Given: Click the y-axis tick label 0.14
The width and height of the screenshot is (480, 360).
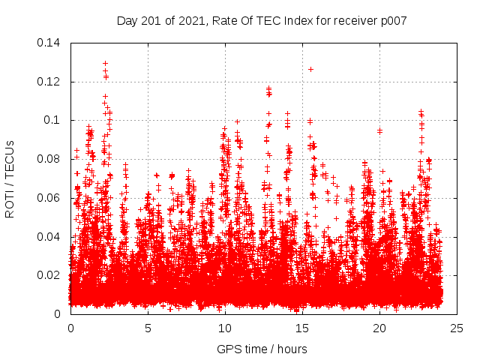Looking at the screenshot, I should pyautogui.click(x=50, y=43).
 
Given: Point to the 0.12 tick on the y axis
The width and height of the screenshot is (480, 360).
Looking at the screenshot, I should pyautogui.click(x=50, y=81).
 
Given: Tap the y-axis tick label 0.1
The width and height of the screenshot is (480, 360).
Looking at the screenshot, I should pyautogui.click(x=53, y=120).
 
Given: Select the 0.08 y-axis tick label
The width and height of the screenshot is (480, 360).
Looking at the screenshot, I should pyautogui.click(x=50, y=159).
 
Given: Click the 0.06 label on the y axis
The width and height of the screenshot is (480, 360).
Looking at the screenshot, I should pyautogui.click(x=50, y=198).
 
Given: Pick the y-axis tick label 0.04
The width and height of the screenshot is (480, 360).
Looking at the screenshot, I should pyautogui.click(x=50, y=237).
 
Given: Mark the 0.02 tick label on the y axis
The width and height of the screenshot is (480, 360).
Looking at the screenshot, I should pyautogui.click(x=50, y=275).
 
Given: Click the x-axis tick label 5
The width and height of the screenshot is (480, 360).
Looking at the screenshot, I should pyautogui.click(x=148, y=328).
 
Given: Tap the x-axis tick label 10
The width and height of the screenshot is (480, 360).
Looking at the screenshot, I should pyautogui.click(x=225, y=328).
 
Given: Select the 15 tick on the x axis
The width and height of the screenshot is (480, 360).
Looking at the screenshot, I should pyautogui.click(x=302, y=328).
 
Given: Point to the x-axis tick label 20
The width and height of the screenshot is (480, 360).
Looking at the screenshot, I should pyautogui.click(x=379, y=328).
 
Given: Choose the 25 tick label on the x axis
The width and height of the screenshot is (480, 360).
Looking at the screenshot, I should pyautogui.click(x=457, y=328).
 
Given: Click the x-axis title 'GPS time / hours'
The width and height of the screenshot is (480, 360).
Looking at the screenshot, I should pyautogui.click(x=262, y=349).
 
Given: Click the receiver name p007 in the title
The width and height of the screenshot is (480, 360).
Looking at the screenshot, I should pyautogui.click(x=393, y=21).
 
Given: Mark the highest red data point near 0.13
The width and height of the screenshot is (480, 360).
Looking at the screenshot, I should pyautogui.click(x=105, y=64).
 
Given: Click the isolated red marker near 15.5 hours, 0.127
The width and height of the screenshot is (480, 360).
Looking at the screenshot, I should pyautogui.click(x=310, y=69).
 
